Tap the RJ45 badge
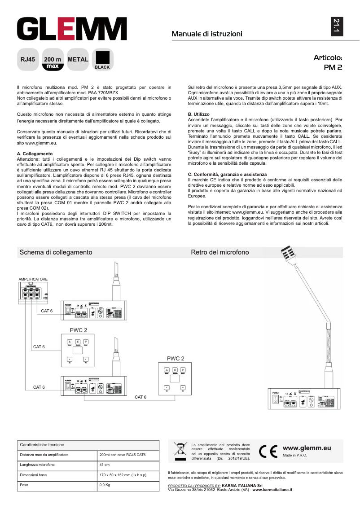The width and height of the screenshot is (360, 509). coord(28,59)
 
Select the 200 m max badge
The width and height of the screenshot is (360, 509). coord(53,62)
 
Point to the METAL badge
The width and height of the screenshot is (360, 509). coord(78,59)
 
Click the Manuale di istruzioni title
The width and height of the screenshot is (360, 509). coord(207,34)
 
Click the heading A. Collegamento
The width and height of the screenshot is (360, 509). coord(34,154)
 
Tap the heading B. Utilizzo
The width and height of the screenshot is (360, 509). coord(198,114)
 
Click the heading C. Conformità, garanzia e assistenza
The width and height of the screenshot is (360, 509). coord(227,174)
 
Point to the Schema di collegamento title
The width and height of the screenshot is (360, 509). coord(56,252)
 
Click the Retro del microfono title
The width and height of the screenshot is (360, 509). coord(220,252)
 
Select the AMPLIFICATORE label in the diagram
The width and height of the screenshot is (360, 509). coord(33,279)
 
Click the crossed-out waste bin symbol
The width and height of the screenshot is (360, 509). coord(180,449)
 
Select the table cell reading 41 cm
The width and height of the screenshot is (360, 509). coord(104,465)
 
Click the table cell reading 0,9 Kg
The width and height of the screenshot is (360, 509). coord(104,485)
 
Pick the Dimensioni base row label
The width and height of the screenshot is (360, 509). coord(34,474)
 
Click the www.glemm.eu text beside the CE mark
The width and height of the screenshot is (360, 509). coord(307,448)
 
